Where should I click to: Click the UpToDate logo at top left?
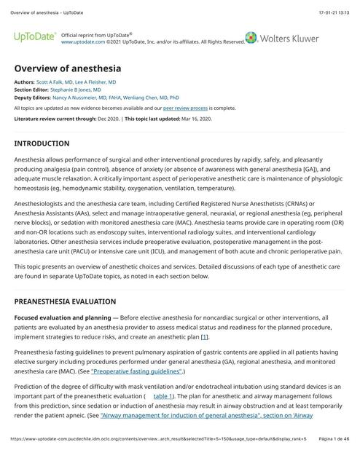(x=34, y=37)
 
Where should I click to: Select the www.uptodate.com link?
(x=82, y=42)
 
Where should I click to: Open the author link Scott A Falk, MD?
(x=57, y=83)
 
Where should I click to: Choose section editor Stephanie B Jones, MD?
(x=80, y=90)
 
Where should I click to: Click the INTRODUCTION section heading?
(x=42, y=143)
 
